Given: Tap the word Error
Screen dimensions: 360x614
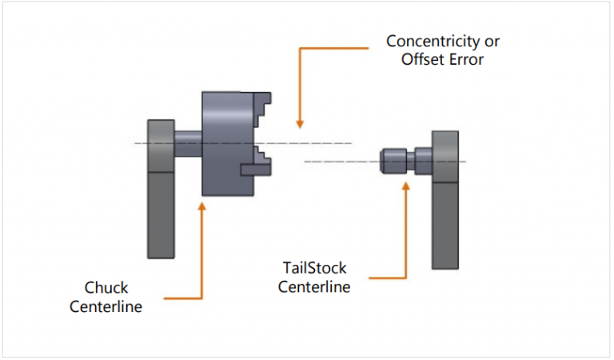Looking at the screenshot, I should pos(466,60).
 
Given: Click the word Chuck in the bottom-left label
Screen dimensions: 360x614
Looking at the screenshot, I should pos(106,287).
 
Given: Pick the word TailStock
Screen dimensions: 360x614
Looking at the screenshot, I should pos(313,268).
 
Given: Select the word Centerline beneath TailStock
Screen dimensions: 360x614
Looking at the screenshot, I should pos(313,286).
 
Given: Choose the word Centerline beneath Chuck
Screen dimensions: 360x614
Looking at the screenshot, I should pos(106,306).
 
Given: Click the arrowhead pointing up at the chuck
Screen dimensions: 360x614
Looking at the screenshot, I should pos(201,206).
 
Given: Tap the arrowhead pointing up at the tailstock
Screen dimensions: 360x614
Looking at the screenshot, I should pos(406,186).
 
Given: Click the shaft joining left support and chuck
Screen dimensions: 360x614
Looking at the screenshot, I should pos(188,145).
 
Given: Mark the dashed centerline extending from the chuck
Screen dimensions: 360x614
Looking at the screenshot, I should pos(320,143).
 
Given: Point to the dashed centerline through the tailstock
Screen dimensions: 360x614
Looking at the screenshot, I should pos(336,162).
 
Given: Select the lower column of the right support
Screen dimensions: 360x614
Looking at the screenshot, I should pos(445,224).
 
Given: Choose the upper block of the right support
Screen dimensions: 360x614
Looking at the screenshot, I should pos(445,156).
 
